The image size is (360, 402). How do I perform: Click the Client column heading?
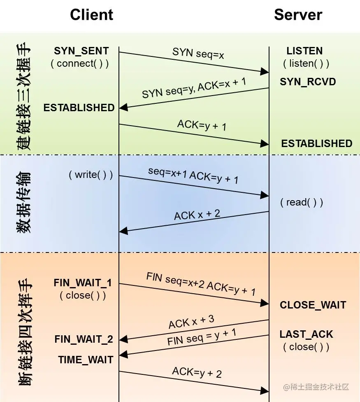(91, 15)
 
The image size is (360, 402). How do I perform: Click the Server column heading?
(298, 15)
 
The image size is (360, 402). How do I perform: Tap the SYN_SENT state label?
(81, 51)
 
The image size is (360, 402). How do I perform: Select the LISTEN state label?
(304, 51)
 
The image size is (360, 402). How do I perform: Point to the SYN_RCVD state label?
(308, 82)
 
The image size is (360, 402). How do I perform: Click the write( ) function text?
(91, 175)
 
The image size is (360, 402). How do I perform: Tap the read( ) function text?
(302, 202)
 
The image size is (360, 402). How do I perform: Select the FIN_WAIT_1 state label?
(83, 283)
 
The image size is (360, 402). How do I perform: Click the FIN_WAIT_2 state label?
(84, 339)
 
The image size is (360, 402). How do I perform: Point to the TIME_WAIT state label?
(86, 360)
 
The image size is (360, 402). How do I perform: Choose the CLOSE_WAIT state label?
(313, 305)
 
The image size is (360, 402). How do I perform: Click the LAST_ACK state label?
(307, 334)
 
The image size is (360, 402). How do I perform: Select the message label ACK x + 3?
(191, 322)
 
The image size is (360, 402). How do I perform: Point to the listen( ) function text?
(306, 64)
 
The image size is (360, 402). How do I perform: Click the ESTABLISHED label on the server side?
(317, 143)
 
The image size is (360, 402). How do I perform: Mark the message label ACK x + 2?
(197, 215)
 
